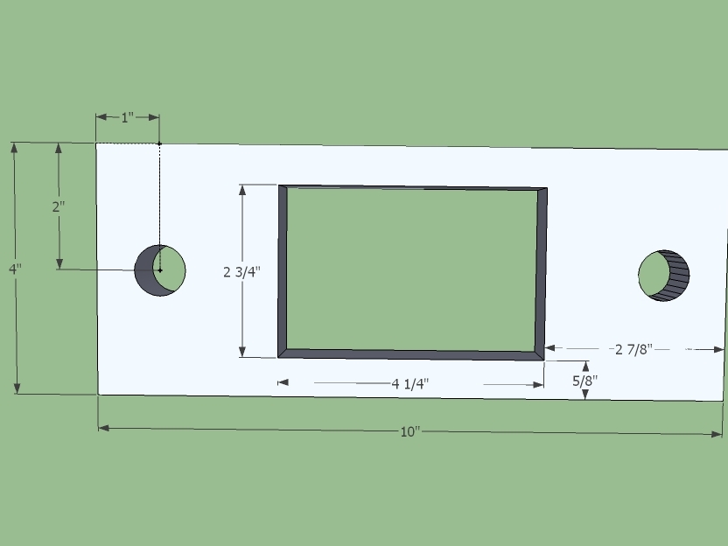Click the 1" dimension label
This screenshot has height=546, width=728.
pos(127,117)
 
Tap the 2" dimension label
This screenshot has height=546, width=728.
pos(59,206)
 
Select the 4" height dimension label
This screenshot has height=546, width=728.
pos(15,269)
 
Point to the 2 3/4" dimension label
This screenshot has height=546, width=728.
pos(241,272)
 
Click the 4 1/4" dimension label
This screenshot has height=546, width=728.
pos(410,384)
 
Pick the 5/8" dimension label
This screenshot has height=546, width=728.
pos(585,381)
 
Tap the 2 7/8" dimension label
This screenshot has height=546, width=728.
pos(633,349)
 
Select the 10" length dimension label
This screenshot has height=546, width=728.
pos(410,431)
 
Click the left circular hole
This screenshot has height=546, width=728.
pos(160,270)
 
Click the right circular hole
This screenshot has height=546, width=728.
pos(664,276)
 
